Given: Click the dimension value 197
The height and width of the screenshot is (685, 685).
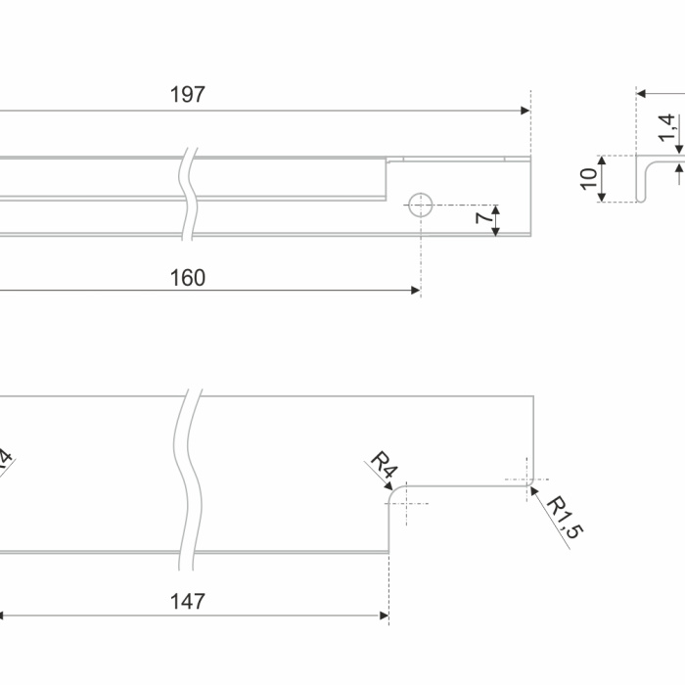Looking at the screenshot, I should point(187,95).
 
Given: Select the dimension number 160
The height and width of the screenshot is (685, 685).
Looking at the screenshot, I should point(187,278).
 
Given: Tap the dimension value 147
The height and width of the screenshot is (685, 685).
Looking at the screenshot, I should point(187,601).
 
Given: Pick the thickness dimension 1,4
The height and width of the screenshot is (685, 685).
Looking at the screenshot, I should point(666,125).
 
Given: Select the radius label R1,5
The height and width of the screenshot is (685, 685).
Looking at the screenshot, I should point(564,518).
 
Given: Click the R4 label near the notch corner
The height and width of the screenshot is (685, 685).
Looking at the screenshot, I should point(382,467).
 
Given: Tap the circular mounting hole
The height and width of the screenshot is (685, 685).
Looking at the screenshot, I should point(420,205).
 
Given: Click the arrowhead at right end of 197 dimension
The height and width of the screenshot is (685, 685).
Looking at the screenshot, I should point(525,111).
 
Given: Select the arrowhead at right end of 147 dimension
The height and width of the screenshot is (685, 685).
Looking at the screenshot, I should point(384,616).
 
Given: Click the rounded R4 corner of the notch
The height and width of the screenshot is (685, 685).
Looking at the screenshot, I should point(394,492).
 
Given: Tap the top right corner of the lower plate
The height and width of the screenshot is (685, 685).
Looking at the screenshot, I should point(531,395).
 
